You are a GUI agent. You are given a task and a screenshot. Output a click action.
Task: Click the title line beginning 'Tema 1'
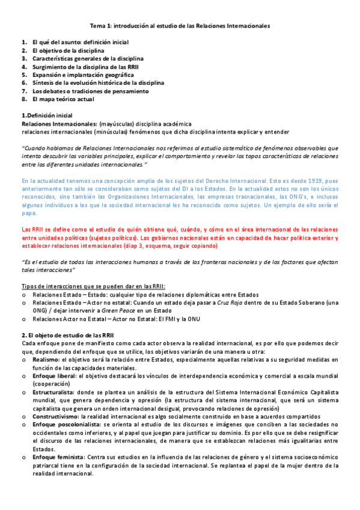(180, 26)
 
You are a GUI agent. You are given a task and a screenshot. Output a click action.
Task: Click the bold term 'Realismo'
(46, 359)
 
